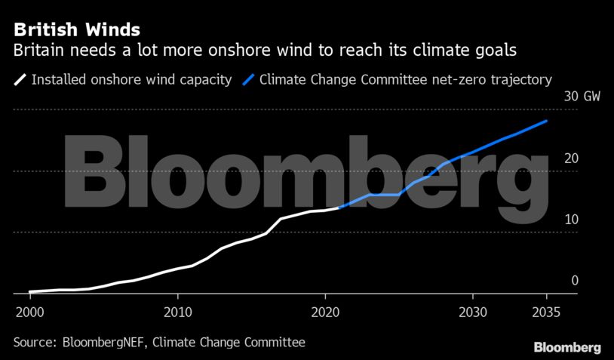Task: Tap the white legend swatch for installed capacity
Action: point(20,79)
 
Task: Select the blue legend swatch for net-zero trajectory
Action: point(247,79)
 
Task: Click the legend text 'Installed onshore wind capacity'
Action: point(131,79)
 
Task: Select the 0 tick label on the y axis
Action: point(575,281)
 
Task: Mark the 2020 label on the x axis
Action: point(325,312)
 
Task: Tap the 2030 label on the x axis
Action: point(473,312)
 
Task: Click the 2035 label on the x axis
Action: point(546,312)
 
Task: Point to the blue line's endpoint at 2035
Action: point(546,121)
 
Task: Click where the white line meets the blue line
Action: point(339,207)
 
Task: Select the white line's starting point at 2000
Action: point(30,291)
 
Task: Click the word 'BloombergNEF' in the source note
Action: point(101,343)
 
